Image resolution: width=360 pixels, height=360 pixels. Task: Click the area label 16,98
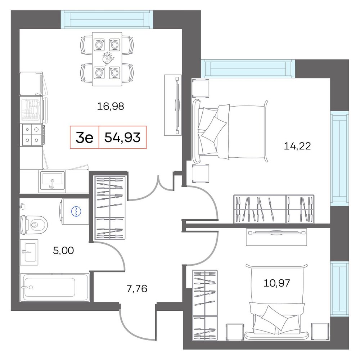[111, 106]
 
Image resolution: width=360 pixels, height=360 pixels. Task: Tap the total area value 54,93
[122, 138]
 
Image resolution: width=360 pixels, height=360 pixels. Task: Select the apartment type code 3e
[85, 138]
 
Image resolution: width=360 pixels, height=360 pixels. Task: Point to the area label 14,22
[297, 146]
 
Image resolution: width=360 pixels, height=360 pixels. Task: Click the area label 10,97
[276, 283]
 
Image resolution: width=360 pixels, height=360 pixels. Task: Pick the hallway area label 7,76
[137, 289]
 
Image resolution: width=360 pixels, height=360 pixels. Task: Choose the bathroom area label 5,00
[63, 251]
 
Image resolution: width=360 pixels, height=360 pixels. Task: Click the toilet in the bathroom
[34, 224]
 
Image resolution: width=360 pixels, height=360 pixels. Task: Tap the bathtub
[54, 287]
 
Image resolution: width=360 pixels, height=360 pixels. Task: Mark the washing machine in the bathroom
[75, 211]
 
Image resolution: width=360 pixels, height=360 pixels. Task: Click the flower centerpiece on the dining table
[107, 59]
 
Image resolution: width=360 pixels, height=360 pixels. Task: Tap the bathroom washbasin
[29, 252]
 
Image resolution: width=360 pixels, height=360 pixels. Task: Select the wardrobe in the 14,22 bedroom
[274, 209]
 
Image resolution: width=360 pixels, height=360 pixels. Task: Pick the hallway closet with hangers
[110, 208]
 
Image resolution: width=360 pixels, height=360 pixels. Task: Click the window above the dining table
[107, 19]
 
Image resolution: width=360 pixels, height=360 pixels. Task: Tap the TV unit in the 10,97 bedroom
[276, 237]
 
